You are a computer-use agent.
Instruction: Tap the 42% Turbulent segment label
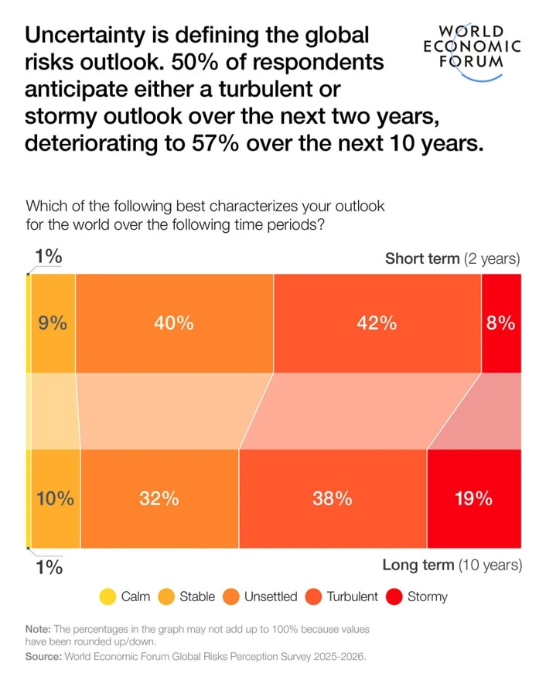click(x=377, y=323)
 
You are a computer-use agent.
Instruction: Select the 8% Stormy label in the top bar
click(x=501, y=323)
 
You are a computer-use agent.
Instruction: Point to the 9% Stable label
click(x=53, y=323)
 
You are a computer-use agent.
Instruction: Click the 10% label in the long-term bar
click(x=55, y=499)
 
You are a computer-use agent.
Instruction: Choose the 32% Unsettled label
click(x=159, y=499)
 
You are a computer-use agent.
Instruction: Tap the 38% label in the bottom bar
click(x=333, y=499)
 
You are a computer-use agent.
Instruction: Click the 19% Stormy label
click(x=473, y=499)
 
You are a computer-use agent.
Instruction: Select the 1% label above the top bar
click(x=48, y=258)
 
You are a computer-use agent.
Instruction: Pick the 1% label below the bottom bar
click(x=48, y=566)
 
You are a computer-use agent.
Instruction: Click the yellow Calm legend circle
click(x=107, y=596)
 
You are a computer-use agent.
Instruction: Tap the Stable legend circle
click(x=166, y=596)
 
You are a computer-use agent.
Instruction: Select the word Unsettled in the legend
click(x=269, y=596)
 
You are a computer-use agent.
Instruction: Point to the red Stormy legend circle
click(x=395, y=596)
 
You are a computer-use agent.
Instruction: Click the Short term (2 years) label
click(x=452, y=258)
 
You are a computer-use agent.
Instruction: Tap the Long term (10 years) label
click(x=452, y=565)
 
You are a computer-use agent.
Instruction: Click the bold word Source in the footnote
click(x=46, y=656)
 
